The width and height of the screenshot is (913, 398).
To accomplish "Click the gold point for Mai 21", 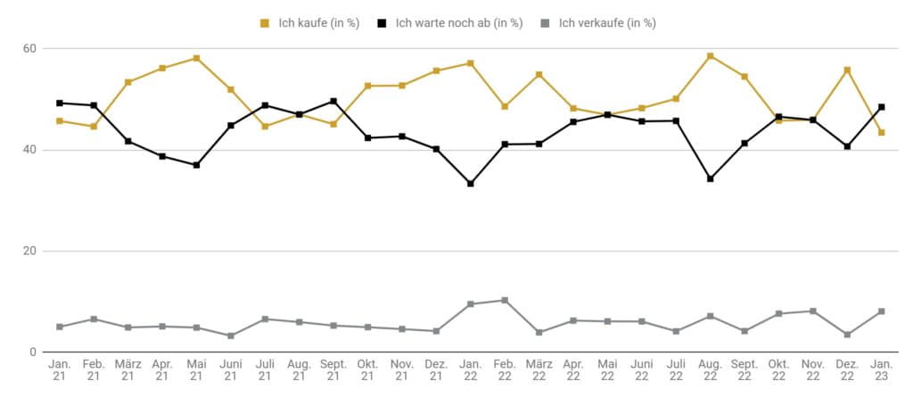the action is point(197,58).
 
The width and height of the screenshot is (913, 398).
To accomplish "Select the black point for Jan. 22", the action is point(471,184).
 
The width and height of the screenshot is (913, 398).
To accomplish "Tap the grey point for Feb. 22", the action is point(505,300).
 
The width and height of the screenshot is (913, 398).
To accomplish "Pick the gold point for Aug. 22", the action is point(711,56).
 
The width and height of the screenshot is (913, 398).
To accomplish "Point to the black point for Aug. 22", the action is point(711,178).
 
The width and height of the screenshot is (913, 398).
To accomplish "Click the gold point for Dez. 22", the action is point(847,70).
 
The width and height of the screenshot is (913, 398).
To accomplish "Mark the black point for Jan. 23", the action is point(882,107).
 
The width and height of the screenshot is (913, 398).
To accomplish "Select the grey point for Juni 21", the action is point(231,336).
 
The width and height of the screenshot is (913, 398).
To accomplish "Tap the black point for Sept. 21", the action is point(333,102).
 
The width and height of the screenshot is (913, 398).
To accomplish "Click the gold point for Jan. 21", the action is point(60,121).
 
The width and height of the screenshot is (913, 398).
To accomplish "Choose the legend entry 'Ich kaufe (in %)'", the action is point(309,23).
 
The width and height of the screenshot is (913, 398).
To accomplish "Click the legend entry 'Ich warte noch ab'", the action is point(450,23).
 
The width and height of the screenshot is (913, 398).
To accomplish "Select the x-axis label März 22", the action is point(539,370).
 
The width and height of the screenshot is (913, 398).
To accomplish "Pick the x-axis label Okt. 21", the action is point(368,370).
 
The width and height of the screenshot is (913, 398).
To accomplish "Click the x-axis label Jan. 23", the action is point(882,370).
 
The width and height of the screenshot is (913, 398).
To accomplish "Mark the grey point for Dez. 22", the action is point(847,335).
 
